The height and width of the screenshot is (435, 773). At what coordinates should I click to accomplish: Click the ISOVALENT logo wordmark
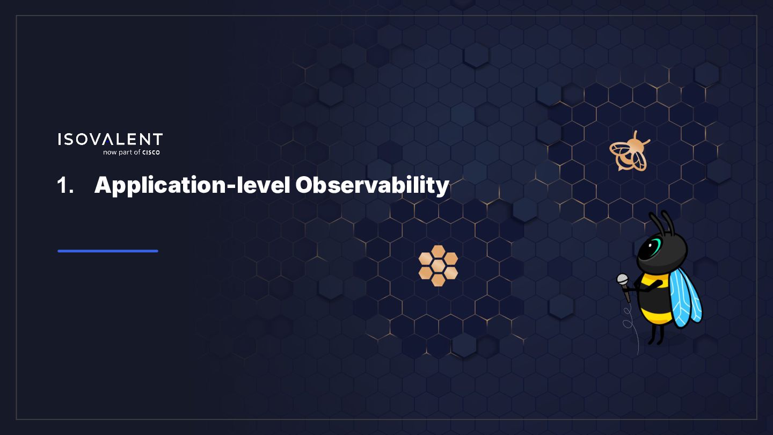pos(111,139)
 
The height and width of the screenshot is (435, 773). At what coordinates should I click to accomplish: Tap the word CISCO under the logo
pos(151,153)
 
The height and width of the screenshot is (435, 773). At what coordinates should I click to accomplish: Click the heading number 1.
pos(65,185)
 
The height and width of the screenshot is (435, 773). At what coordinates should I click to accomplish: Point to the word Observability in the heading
pos(373,186)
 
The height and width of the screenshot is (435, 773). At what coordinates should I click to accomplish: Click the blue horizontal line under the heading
pos(108,251)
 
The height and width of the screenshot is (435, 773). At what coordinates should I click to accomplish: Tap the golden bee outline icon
pos(630,151)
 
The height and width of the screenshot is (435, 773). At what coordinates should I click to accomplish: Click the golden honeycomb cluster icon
pos(438,265)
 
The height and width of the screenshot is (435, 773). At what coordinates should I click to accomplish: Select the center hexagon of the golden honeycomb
pos(438,266)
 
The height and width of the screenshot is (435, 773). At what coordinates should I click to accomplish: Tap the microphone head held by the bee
pos(623,279)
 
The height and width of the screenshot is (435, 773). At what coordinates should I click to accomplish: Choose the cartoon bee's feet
pos(655,340)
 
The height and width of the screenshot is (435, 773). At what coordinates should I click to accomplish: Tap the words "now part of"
pos(122,153)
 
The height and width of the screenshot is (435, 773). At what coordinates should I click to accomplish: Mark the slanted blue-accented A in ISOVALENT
pos(108,139)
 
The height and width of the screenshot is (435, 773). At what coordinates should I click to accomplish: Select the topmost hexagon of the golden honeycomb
pos(438,251)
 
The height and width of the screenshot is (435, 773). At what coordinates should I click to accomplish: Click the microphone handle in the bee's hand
pos(626,293)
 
